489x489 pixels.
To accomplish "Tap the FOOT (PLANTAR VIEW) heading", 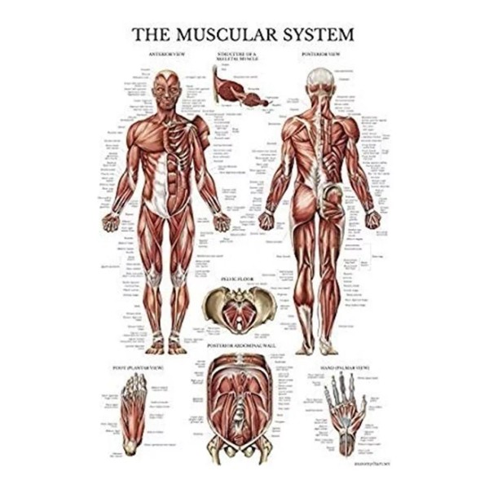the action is [x=133, y=368].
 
